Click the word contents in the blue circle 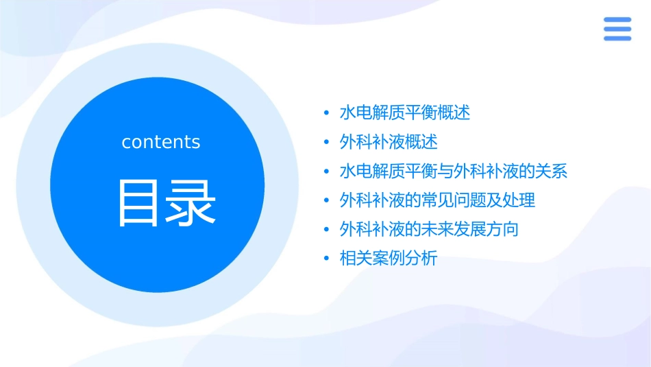coord(161,142)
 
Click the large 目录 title coord(167,203)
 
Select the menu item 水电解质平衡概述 coord(405,113)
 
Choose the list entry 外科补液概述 coord(389,142)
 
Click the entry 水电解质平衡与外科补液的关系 coord(454,171)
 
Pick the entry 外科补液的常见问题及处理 coord(437,200)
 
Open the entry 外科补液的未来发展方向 coord(429,229)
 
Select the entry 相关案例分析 coord(389,259)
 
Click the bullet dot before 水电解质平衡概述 coord(326,113)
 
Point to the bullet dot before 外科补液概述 coord(326,143)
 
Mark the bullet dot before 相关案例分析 coord(326,259)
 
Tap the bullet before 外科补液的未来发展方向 coord(326,230)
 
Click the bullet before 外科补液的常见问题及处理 coord(326,201)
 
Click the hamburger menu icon coord(617,29)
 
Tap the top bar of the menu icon coord(617,19)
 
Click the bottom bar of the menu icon coord(617,38)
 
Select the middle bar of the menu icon coord(617,29)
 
